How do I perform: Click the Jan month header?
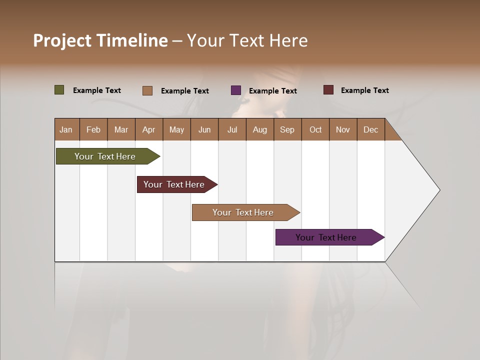coord(66,129)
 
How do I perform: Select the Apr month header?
coord(148,129)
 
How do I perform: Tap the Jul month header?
coord(232,129)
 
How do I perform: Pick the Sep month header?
coord(287,129)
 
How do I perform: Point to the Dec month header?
coord(370,129)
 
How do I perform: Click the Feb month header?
coord(93,129)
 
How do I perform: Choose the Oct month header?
coord(315,129)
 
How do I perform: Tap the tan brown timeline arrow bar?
coord(243,212)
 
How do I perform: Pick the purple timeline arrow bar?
coord(326,237)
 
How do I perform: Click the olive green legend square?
coord(59,90)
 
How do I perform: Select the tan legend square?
coord(147,90)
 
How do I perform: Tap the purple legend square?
coord(236,90)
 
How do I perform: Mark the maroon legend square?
coord(328,90)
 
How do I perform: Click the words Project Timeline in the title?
coord(100,40)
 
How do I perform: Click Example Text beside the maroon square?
coord(364,90)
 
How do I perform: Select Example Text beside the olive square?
coord(97,90)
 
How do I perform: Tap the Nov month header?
coord(343,129)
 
